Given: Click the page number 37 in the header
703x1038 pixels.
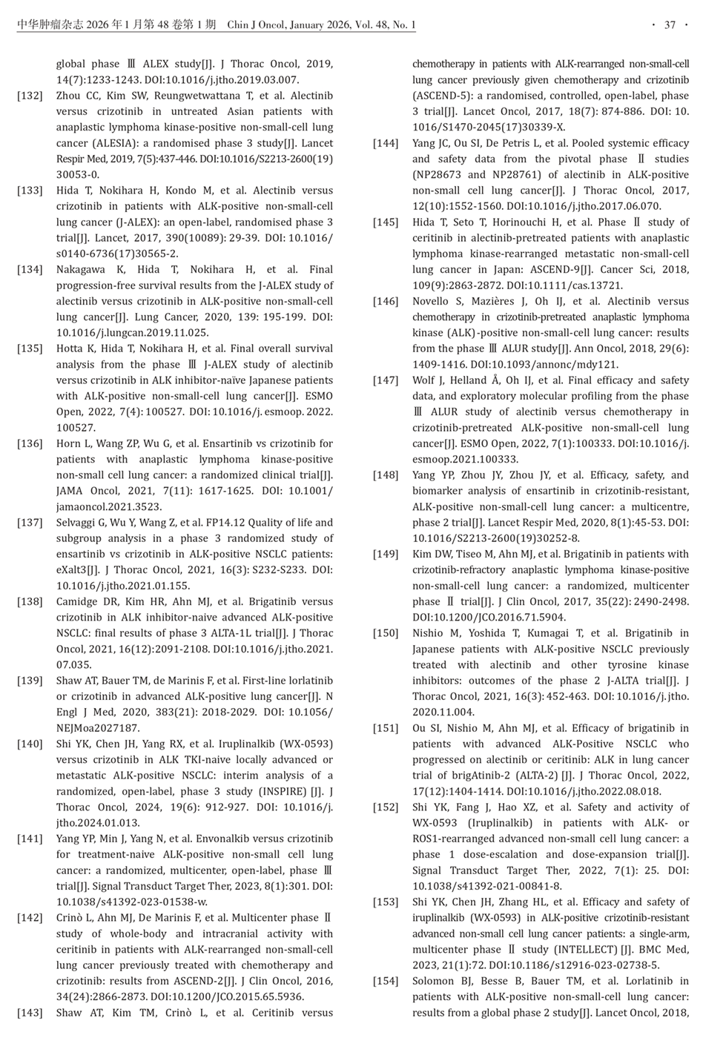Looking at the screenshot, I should (x=670, y=25).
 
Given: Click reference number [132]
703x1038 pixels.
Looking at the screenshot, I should (x=30, y=96).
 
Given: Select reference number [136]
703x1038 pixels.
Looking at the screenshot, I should (x=30, y=443).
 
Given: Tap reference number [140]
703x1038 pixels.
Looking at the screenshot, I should (x=30, y=744).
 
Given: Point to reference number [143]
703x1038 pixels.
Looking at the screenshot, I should (x=30, y=1012).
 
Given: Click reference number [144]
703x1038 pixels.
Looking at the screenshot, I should (x=386, y=143).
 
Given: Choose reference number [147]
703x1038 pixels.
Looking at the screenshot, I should (x=386, y=380).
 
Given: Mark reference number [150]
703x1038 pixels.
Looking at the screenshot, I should (x=386, y=633).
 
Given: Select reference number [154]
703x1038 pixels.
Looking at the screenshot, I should (x=386, y=981).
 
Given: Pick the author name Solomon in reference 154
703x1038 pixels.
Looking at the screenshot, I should (x=435, y=981).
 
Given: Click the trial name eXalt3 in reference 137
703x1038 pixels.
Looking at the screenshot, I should (x=75, y=570).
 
